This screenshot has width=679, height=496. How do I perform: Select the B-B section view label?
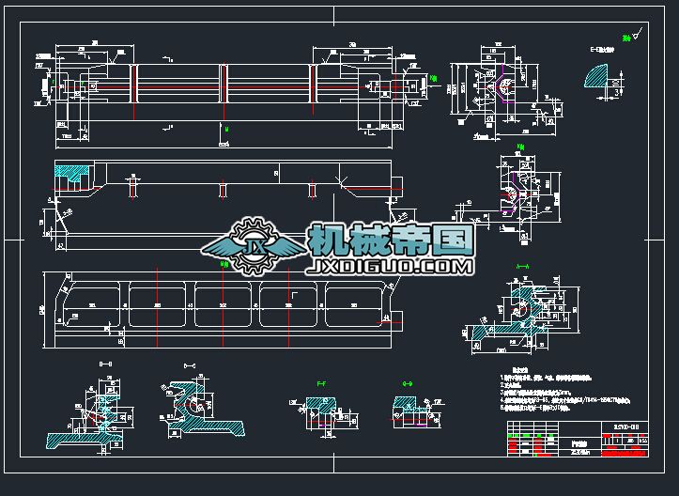click(x=105, y=364)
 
